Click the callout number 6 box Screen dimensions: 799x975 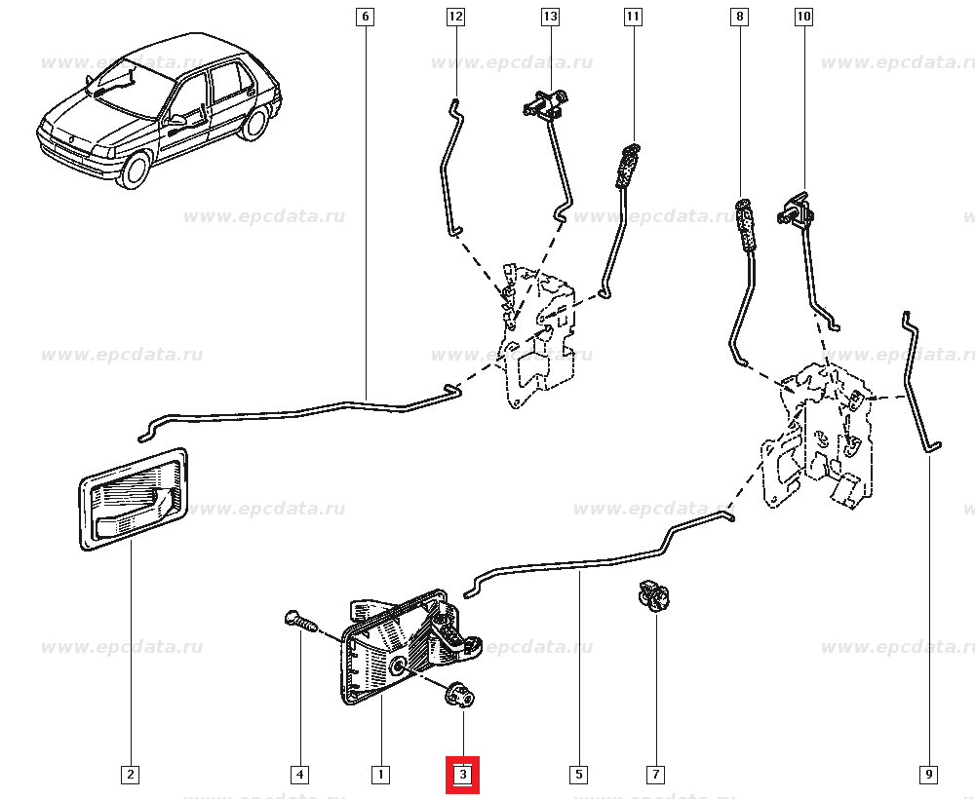[x=365, y=17]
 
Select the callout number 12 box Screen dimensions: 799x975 [x=455, y=17]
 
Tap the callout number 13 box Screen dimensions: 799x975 [x=550, y=17]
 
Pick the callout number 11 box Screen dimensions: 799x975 [x=634, y=17]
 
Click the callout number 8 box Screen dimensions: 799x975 [x=740, y=17]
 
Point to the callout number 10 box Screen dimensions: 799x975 [x=803, y=17]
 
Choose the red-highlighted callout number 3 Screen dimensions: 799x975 [x=463, y=776]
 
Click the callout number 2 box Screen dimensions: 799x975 [x=131, y=776]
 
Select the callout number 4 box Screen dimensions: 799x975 [x=300, y=776]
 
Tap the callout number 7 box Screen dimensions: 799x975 [x=655, y=776]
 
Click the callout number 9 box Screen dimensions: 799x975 [x=928, y=776]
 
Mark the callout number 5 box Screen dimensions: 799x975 [x=578, y=776]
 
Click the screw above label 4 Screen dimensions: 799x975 [x=298, y=620]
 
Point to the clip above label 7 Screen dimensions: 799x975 [x=651, y=594]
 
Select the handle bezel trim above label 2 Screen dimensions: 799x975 [x=133, y=498]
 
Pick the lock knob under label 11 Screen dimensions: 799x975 [x=625, y=166]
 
